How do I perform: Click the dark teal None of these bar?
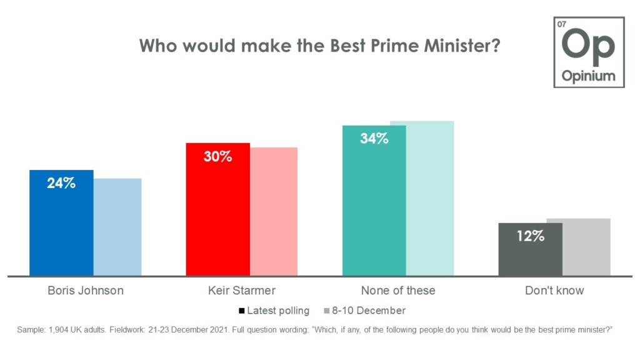click(374, 200)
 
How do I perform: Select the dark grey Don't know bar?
click(530, 249)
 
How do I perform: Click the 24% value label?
click(61, 184)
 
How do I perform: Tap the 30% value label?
click(217, 157)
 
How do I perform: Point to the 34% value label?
click(374, 139)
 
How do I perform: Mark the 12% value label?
click(530, 237)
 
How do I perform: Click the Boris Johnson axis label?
click(86, 291)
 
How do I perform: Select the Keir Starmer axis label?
click(242, 291)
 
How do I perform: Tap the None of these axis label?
click(398, 291)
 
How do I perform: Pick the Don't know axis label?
click(554, 291)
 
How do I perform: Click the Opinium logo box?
click(588, 52)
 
